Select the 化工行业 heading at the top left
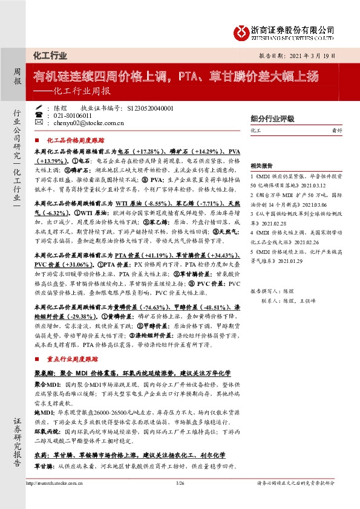50,56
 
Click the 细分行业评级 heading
272,118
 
